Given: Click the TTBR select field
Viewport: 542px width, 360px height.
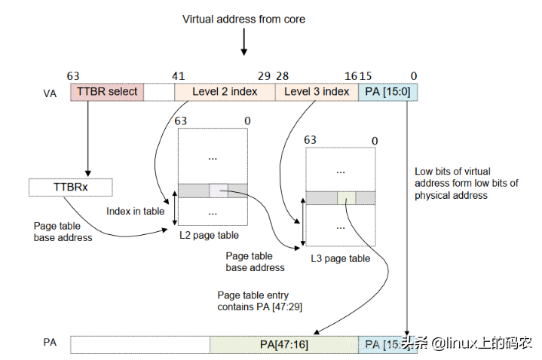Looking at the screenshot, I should (106, 92).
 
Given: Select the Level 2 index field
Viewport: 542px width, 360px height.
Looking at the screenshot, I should (225, 92).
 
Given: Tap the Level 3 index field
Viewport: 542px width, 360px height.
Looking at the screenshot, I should (317, 92).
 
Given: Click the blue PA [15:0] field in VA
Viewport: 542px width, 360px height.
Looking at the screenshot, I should (387, 92).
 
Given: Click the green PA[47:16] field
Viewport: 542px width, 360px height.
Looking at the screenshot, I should (284, 344).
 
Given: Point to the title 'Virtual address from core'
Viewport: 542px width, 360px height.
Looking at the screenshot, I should (243, 18).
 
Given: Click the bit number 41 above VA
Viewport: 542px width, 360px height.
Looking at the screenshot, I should (178, 76).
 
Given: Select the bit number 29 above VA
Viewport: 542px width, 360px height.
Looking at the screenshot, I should (264, 76).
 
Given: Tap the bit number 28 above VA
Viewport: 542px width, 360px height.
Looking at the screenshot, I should (283, 76).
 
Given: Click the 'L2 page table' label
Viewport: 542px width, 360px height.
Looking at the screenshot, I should (209, 235).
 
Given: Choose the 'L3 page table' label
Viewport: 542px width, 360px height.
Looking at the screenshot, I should (340, 258).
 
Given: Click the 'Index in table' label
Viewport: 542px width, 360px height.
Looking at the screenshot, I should (135, 211).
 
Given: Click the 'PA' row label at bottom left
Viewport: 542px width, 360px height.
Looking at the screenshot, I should (50, 343).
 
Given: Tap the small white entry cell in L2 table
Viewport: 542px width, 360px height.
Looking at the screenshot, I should (219, 191).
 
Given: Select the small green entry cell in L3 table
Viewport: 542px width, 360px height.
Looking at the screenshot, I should (346, 197).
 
